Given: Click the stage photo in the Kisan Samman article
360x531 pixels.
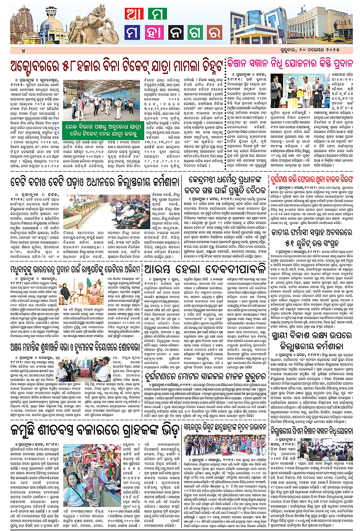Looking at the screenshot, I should pos(297,92).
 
